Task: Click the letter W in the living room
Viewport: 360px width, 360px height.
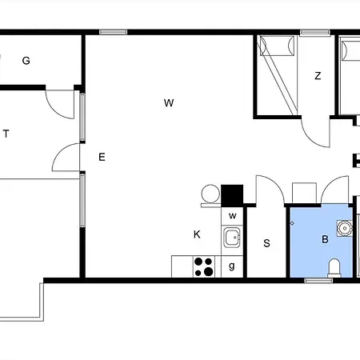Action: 169,103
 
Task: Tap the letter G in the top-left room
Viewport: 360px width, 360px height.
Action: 26,61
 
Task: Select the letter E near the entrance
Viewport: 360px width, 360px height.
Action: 102,157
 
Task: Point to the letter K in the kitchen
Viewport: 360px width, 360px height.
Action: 197,234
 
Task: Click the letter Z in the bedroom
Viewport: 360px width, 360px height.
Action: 318,76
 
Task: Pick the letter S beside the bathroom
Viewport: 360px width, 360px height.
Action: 266,243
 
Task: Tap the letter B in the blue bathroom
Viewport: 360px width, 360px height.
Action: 325,239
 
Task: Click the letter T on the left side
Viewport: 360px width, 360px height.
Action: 6,134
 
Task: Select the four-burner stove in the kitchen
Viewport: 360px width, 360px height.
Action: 204,266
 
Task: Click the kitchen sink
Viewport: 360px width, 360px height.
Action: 232,237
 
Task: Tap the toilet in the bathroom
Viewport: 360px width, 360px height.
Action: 334,267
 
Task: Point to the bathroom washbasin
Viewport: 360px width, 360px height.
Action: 345,228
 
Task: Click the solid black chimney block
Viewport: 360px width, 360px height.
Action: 232,195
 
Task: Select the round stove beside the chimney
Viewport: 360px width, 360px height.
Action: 210,194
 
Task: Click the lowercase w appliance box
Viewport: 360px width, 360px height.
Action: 232,216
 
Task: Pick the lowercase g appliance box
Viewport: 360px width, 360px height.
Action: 232,266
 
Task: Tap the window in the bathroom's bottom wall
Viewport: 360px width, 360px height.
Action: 318,280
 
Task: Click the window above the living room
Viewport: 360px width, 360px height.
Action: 114,32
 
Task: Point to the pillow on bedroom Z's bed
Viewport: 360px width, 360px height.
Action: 278,46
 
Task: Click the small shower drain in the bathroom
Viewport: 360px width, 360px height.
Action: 292,223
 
